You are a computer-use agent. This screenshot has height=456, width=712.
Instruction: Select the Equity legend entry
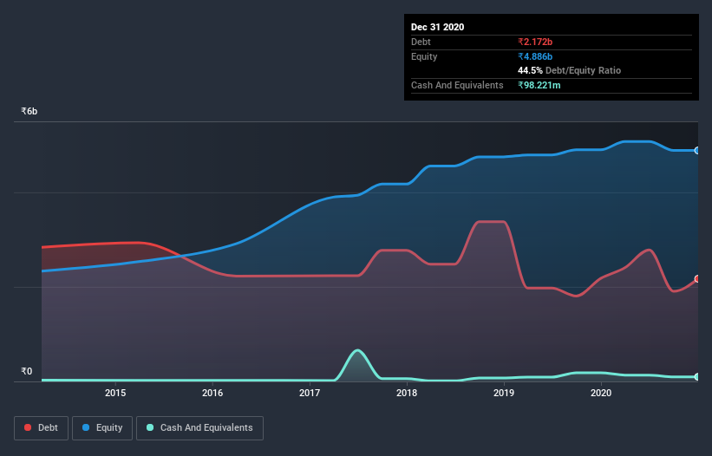[102, 427]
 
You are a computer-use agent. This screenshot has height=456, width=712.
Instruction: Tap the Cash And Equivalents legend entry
[199, 427]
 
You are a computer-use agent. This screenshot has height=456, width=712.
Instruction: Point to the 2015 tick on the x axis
[116, 394]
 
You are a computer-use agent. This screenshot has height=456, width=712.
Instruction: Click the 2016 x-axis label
[212, 394]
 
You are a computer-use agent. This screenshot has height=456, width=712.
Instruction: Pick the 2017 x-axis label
[310, 394]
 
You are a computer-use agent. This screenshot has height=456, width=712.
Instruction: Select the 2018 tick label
[407, 394]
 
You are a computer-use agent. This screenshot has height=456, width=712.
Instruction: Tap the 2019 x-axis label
[504, 394]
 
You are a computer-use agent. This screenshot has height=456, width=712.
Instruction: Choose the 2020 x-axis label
[601, 394]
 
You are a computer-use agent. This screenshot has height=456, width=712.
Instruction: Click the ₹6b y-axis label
[29, 112]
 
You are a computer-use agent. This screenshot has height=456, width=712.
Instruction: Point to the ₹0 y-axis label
[26, 372]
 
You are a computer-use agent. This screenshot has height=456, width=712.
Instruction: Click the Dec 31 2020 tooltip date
[437, 27]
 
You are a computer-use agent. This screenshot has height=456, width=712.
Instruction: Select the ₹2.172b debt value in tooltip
[535, 42]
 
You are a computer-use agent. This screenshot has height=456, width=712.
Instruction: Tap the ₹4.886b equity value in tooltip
[535, 56]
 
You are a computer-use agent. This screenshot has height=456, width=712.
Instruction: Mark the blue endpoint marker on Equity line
[697, 151]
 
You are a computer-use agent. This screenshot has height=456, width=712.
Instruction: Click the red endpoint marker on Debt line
[697, 279]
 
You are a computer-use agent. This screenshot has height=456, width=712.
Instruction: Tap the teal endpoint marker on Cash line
[697, 376]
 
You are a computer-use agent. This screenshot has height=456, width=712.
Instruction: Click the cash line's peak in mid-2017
[357, 350]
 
